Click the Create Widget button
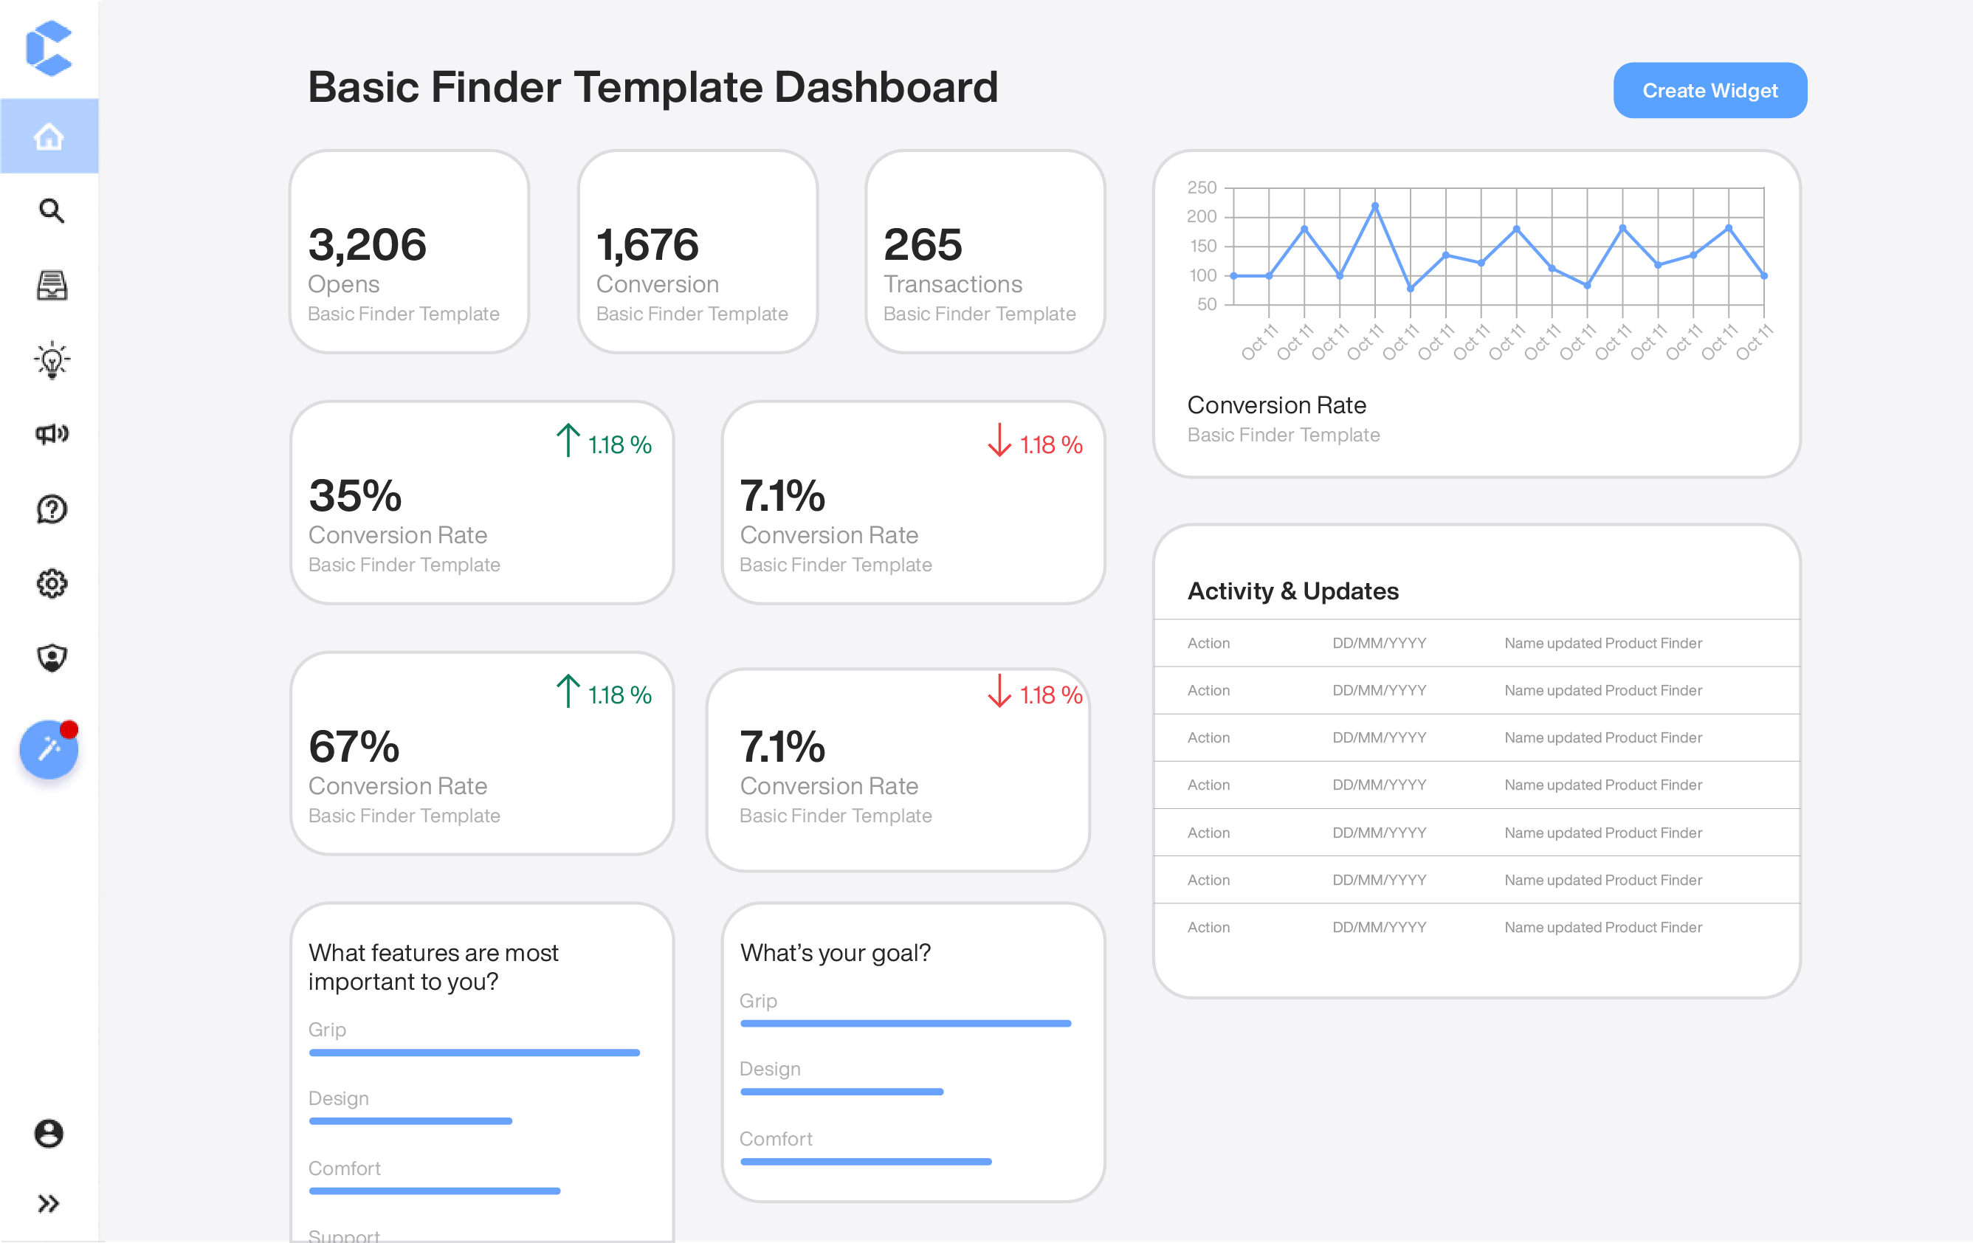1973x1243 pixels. (1709, 90)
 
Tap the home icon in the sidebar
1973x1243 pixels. (49, 136)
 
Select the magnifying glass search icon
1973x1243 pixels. (51, 210)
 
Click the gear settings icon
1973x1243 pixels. (52, 583)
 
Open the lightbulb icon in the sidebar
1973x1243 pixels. (52, 359)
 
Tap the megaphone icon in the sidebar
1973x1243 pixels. (52, 433)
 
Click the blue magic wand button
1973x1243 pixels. (48, 749)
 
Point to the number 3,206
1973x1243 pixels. (367, 244)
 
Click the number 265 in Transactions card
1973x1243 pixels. (923, 244)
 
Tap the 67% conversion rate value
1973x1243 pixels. (354, 746)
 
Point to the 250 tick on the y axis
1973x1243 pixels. (1201, 187)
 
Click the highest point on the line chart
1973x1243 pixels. (1375, 206)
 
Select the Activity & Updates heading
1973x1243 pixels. (1293, 590)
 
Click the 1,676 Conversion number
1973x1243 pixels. (647, 244)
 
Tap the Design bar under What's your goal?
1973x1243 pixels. (841, 1092)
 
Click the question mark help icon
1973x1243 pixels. (52, 509)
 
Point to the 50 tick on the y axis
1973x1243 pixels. (1206, 304)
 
